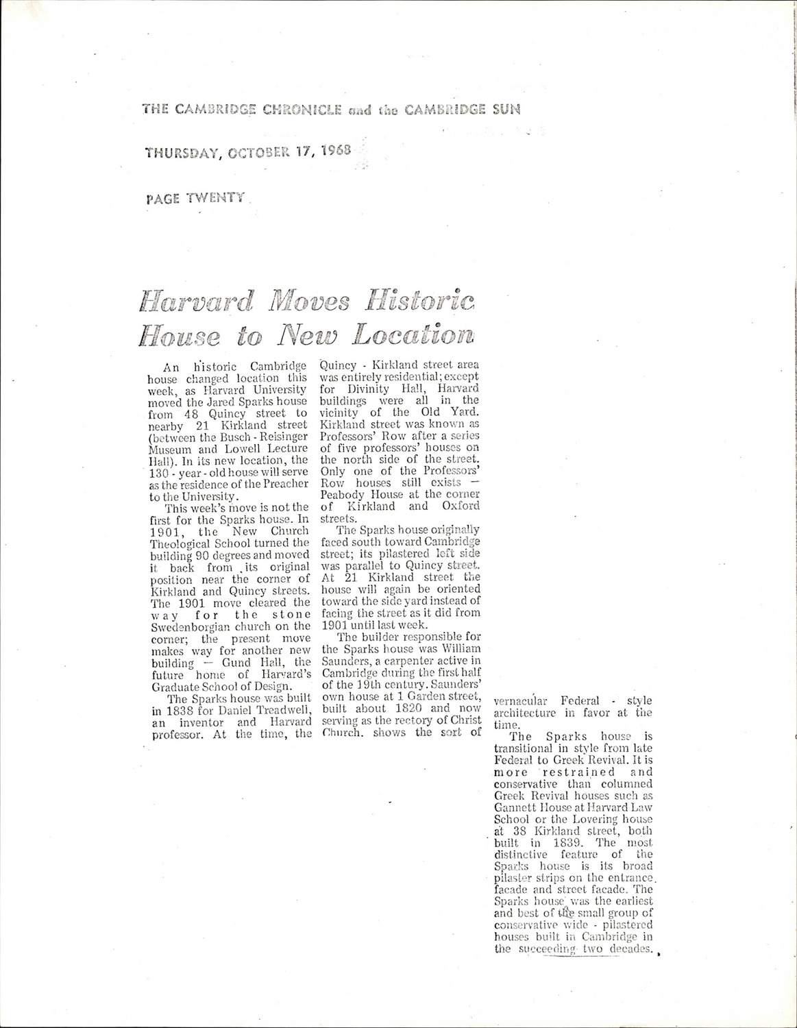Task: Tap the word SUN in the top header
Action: [504, 109]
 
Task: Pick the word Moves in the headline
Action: [310, 301]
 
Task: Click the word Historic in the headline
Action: [420, 300]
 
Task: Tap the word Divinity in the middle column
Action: [363, 389]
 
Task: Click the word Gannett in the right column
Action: [513, 807]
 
